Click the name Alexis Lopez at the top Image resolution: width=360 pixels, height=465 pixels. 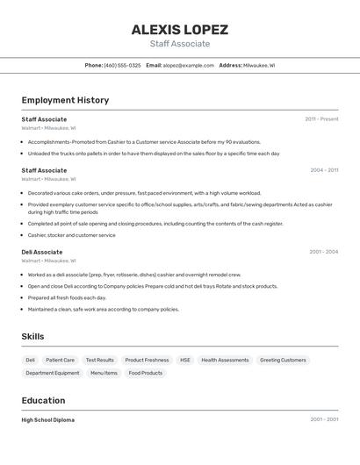click(x=180, y=30)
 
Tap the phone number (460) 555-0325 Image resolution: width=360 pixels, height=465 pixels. click(x=122, y=65)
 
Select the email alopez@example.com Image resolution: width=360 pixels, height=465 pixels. click(x=188, y=65)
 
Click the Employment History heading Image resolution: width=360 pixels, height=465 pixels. click(x=65, y=100)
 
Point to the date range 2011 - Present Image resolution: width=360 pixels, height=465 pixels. click(x=321, y=119)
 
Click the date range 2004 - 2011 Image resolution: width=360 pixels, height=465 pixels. click(x=324, y=170)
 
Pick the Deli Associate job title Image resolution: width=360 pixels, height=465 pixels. click(x=42, y=252)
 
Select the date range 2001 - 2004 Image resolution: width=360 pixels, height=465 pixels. click(x=323, y=252)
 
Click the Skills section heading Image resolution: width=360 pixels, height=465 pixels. click(x=33, y=336)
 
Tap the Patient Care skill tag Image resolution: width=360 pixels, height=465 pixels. click(x=60, y=360)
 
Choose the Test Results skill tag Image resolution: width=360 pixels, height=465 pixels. click(x=99, y=360)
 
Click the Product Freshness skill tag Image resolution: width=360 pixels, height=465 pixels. click(x=147, y=360)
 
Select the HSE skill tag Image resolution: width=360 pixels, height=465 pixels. click(x=185, y=360)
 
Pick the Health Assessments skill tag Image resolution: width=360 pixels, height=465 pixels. click(x=225, y=360)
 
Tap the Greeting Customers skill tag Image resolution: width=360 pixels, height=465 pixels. click(x=283, y=360)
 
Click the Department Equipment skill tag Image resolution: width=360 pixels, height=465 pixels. click(x=53, y=373)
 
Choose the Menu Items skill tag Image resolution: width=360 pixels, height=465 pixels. click(x=104, y=373)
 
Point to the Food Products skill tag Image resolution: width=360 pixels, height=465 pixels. click(x=146, y=373)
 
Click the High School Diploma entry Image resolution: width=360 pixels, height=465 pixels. click(x=48, y=419)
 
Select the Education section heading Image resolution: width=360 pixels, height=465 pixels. click(x=44, y=400)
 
